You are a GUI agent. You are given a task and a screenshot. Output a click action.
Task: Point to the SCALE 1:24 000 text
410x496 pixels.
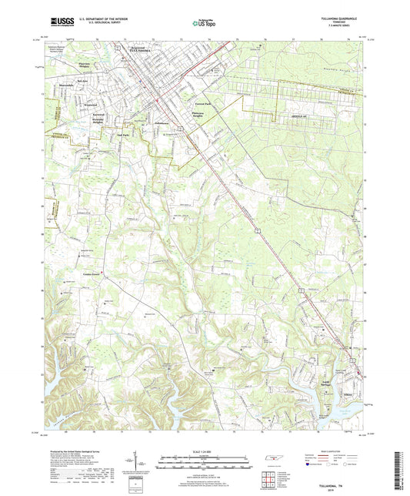[205, 450]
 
